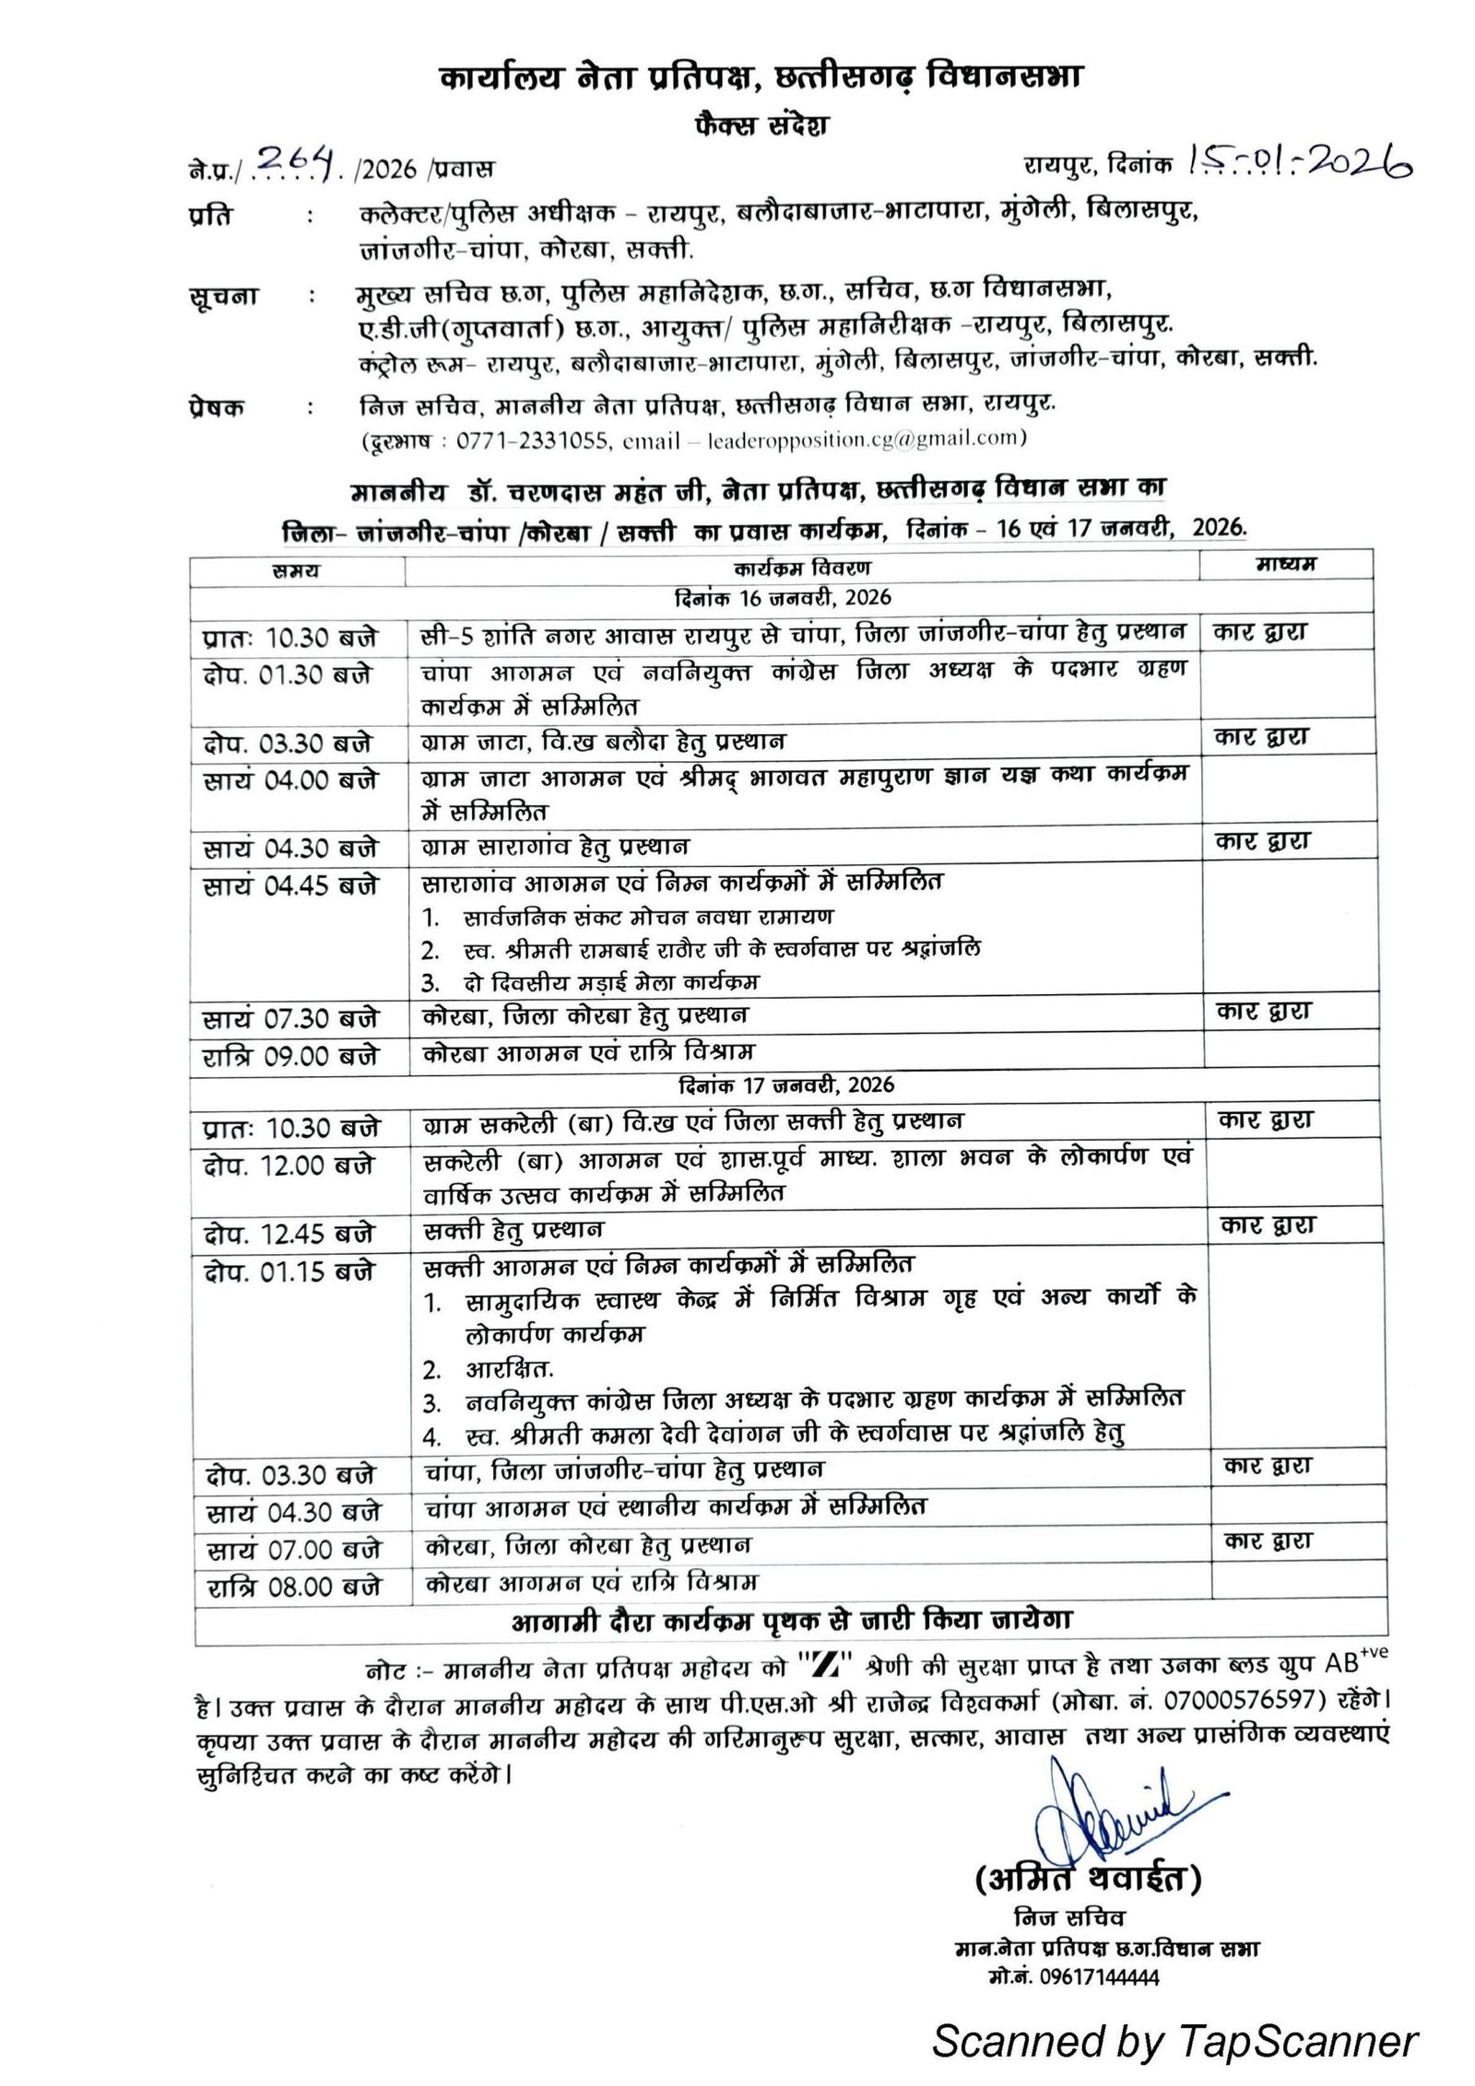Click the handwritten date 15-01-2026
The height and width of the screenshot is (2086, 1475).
click(x=1300, y=163)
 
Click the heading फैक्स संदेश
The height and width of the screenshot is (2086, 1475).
click(x=761, y=124)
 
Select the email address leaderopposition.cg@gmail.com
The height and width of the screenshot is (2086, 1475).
click(x=862, y=439)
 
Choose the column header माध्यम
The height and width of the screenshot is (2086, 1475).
click(x=1285, y=564)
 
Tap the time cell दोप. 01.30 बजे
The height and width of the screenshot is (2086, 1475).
click(x=288, y=675)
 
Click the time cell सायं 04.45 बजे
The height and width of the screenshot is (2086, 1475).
click(x=290, y=885)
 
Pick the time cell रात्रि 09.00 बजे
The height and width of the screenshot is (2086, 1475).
click(x=290, y=1056)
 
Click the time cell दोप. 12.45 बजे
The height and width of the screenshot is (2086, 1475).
click(x=289, y=1232)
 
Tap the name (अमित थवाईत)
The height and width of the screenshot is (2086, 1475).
click(x=1088, y=1877)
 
